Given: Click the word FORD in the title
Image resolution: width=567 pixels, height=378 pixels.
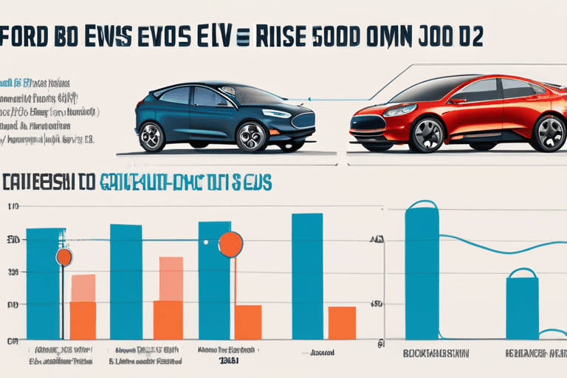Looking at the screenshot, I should click(30, 39).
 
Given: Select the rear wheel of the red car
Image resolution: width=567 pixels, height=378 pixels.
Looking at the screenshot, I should click(549, 133).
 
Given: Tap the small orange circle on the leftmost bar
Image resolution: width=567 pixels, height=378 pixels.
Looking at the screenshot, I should click(64, 257).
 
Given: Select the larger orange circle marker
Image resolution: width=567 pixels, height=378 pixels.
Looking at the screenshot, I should click(231, 244).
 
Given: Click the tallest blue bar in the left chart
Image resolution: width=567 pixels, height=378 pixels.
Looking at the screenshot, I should click(307, 276).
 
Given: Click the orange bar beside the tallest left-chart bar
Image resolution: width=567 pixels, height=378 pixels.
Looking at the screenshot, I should click(342, 323).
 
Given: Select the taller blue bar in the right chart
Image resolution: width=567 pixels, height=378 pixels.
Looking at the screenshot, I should click(422, 273).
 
